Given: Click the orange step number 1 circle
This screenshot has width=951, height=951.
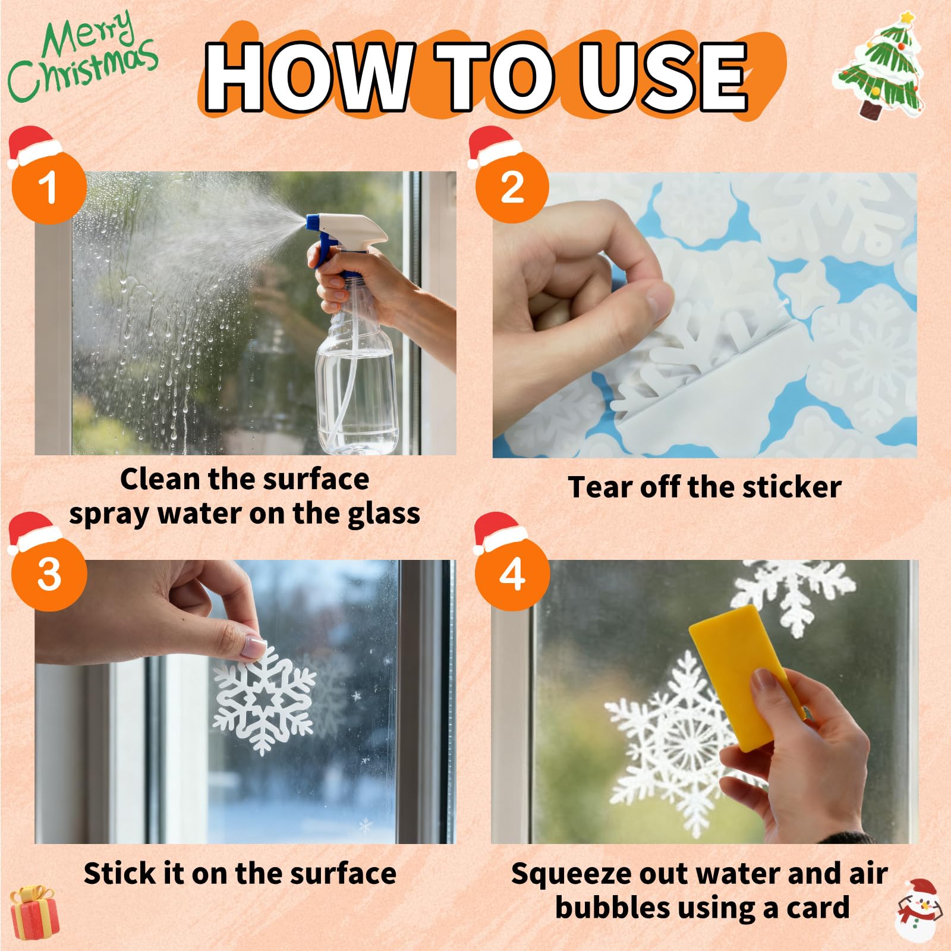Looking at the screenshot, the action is click(x=49, y=187).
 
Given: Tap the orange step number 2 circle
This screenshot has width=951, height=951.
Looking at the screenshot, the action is click(x=512, y=187).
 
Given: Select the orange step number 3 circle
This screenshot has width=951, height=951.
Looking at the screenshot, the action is click(x=49, y=574).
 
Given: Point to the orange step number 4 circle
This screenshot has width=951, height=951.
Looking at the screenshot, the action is click(x=512, y=574).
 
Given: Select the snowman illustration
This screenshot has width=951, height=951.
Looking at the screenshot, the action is click(x=919, y=910).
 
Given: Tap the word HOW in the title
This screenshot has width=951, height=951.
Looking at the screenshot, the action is click(x=310, y=77).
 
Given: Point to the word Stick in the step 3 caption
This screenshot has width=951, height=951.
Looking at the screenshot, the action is click(x=116, y=873).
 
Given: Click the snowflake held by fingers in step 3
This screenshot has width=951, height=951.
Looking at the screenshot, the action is click(x=264, y=700).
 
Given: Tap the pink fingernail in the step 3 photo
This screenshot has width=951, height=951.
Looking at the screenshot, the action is click(x=253, y=647).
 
